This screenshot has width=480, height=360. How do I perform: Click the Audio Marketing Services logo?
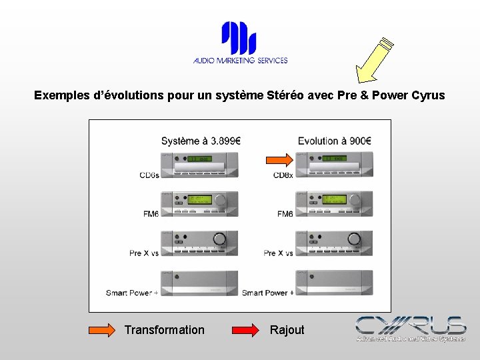click(240, 43)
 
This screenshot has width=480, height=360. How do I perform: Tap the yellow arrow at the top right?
click(373, 61)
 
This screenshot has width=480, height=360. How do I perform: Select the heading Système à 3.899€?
click(201, 141)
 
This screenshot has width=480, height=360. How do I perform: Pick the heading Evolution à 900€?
click(334, 141)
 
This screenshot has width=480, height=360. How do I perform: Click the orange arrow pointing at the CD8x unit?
click(279, 159)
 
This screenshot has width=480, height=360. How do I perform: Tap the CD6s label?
click(149, 175)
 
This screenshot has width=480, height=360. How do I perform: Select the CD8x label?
click(283, 175)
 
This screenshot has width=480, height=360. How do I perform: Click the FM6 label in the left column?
click(151, 214)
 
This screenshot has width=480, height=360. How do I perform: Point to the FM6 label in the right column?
click(285, 214)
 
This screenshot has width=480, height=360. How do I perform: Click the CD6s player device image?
click(199, 163)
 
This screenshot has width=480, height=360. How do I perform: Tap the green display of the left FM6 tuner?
click(199, 199)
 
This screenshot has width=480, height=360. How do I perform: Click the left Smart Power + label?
click(131, 293)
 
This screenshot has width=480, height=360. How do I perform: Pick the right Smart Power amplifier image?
click(333, 282)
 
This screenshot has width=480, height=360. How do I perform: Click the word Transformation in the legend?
click(164, 330)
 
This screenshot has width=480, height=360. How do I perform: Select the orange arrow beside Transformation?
click(102, 330)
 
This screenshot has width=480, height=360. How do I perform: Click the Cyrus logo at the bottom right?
click(411, 329)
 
